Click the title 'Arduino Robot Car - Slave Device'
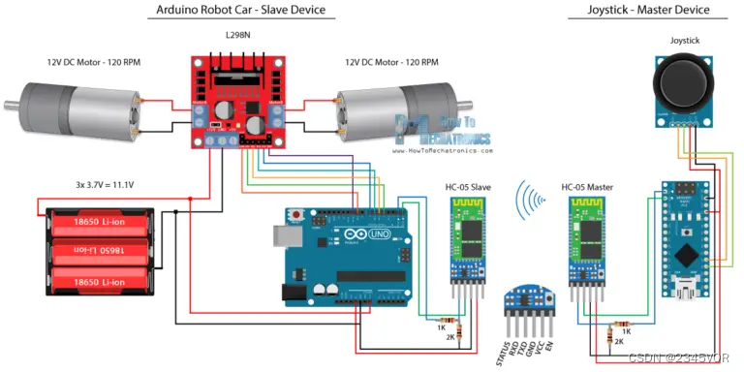(x=241, y=11)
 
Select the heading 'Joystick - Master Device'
(x=648, y=11)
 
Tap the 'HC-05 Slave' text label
(x=467, y=187)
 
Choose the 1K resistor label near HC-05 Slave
(x=441, y=327)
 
